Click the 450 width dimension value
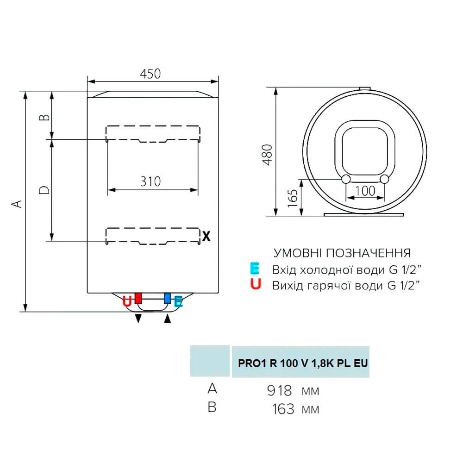click(150, 74)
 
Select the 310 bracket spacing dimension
click(150, 181)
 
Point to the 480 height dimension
click(268, 155)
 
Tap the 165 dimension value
click(292, 199)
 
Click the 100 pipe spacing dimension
click(365, 191)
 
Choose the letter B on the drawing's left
click(44, 117)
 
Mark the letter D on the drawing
click(44, 190)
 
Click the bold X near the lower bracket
click(206, 236)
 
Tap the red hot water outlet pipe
click(138, 299)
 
